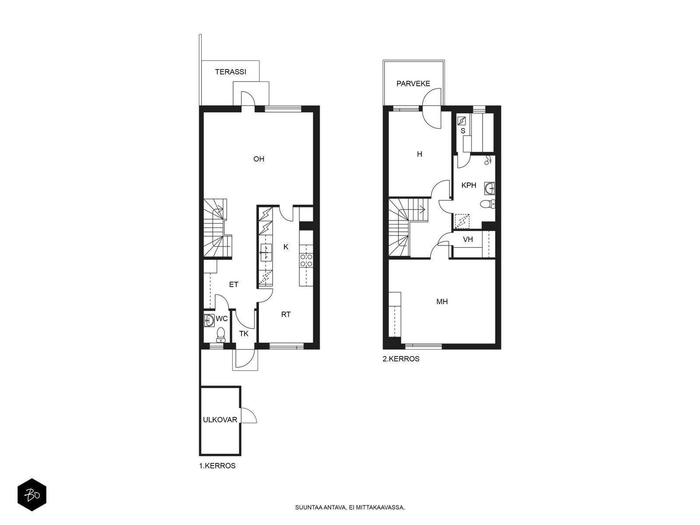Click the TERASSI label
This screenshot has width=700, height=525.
point(231,72)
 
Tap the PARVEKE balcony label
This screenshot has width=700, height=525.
point(413,84)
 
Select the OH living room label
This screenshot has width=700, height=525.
point(259,159)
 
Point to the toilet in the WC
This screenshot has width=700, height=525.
point(220,335)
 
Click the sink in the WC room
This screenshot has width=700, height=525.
point(209,320)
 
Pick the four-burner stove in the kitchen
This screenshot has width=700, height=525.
point(306,260)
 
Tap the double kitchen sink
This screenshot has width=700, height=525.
point(266,252)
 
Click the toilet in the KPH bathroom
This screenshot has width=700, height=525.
point(487,204)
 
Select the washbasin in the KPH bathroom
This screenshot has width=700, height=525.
point(490,188)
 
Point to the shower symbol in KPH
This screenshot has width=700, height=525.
point(488,160)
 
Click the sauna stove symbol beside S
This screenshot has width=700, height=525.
point(462,121)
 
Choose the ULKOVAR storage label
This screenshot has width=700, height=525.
point(220,420)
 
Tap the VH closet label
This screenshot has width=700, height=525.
point(468,239)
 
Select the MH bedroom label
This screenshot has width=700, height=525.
point(442,301)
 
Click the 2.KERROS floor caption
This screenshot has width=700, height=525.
point(401,359)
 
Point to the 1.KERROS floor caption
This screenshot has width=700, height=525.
point(217,465)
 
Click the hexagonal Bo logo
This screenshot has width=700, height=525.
point(32,495)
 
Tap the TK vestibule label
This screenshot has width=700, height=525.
point(244,334)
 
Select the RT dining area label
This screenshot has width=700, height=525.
point(286,315)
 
